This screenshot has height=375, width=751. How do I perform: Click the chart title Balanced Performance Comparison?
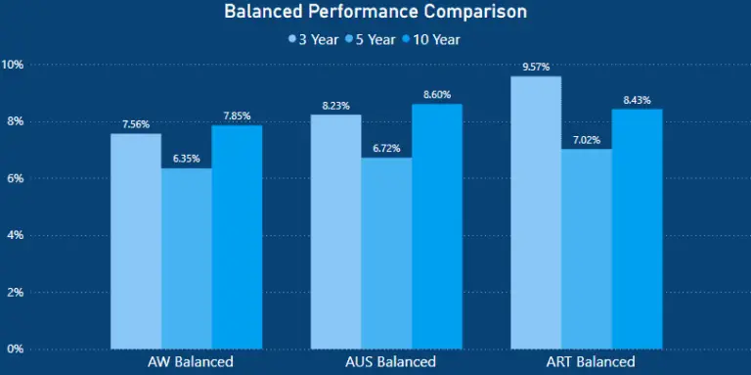[x=375, y=13]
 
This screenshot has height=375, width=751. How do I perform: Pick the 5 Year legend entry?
[x=371, y=40]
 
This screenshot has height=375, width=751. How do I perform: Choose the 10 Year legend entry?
[x=429, y=40]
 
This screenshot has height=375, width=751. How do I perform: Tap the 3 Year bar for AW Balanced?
[x=136, y=241]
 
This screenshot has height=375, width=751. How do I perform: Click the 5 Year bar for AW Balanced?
[x=187, y=258]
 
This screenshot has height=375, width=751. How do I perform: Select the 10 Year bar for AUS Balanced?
[x=437, y=226]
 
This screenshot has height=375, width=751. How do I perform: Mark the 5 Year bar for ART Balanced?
[x=587, y=249]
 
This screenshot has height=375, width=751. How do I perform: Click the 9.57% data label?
[x=536, y=67]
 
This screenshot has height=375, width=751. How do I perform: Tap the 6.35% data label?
[x=187, y=159]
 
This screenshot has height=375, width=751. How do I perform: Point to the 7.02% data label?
[x=587, y=139]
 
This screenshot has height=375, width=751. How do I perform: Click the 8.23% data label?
[x=335, y=106]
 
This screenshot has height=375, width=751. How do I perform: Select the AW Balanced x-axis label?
[x=187, y=362]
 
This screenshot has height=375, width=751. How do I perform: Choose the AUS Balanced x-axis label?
[x=386, y=362]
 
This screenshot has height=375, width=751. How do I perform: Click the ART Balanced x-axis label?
[x=587, y=362]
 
